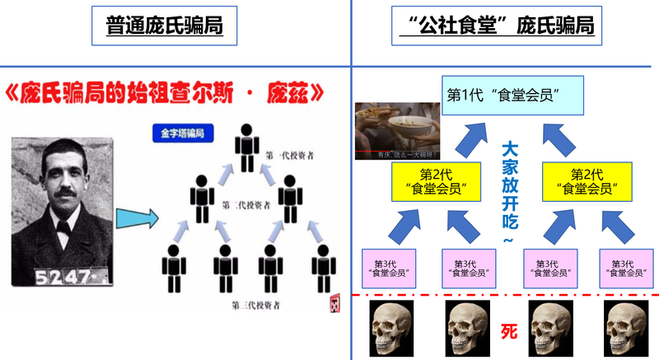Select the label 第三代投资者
pos(261,304)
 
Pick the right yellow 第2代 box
pos(586,182)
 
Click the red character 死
pos(510,330)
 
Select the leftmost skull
pos(390,328)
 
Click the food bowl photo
pos(397,130)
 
